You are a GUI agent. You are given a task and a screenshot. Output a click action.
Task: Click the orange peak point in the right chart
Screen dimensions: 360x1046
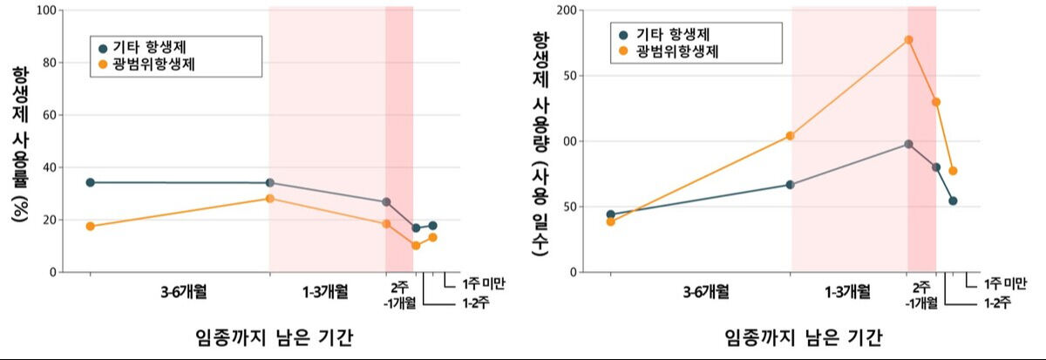tap(908, 40)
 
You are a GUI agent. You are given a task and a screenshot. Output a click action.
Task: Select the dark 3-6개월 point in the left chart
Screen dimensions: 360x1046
tap(91, 182)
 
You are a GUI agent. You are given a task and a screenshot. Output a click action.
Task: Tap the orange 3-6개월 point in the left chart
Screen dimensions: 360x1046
tap(91, 227)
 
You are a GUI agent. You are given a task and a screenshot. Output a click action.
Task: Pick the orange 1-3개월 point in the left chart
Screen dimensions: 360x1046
tap(270, 199)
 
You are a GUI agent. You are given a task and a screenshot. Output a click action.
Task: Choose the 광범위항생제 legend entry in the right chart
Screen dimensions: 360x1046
tap(676, 51)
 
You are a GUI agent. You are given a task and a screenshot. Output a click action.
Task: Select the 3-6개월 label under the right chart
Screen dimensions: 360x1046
tap(706, 291)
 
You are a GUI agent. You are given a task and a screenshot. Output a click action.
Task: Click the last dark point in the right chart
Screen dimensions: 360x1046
tap(953, 200)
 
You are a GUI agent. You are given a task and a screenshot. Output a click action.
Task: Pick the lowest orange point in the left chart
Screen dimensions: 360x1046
tap(416, 246)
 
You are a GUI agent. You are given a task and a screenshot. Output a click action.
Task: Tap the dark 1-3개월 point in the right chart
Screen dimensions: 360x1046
tap(790, 185)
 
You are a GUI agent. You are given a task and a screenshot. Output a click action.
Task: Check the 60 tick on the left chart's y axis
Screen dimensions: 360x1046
tap(45, 115)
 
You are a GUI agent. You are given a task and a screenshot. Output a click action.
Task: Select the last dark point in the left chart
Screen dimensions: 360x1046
tap(432, 226)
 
